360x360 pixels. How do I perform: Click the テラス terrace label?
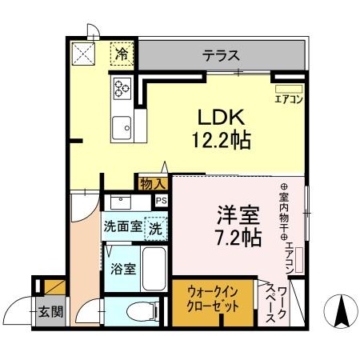[x=219, y=55]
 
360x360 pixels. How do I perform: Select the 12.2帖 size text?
[x=221, y=142]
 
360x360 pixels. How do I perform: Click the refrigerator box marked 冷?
[x=122, y=54]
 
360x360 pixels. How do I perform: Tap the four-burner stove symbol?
[x=122, y=89]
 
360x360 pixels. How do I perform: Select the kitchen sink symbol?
[x=122, y=126]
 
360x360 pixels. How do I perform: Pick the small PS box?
[x=162, y=201]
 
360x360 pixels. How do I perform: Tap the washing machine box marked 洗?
[x=156, y=226]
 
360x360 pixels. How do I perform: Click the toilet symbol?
[x=144, y=310]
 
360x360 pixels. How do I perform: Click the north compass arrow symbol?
[x=339, y=310]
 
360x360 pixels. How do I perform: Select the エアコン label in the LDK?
[x=287, y=99]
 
